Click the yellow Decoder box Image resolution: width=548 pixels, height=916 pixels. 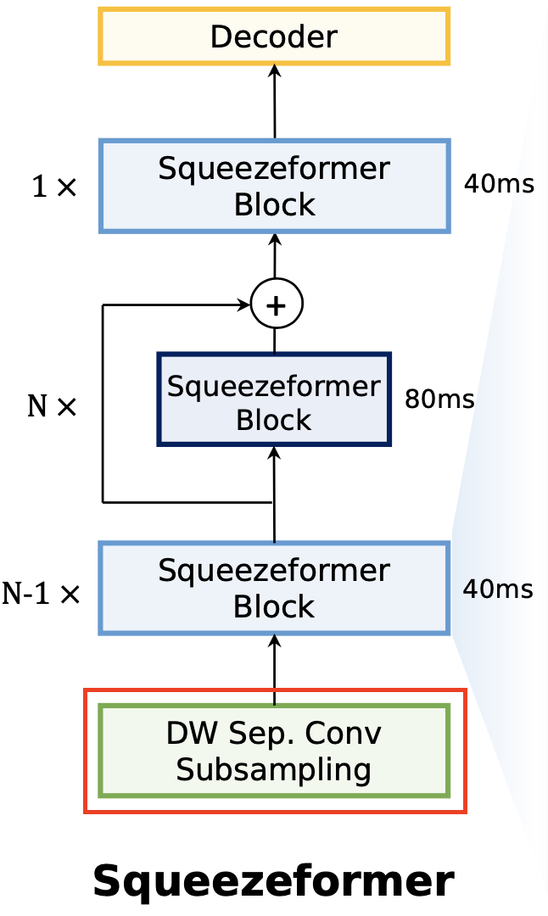(x=274, y=36)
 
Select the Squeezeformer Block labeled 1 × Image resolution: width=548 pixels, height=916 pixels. (x=274, y=186)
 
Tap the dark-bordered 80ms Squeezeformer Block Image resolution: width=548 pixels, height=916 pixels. (x=274, y=399)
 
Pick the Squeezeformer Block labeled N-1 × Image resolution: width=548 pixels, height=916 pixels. (x=274, y=588)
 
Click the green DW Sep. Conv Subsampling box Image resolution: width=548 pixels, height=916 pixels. (x=274, y=751)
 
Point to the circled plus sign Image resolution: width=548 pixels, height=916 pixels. (x=276, y=304)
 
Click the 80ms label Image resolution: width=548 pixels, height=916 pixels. (x=439, y=399)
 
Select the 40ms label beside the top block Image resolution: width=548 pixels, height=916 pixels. (x=499, y=183)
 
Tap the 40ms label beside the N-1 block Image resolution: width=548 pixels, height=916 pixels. (x=498, y=589)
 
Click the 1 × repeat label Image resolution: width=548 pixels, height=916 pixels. (x=54, y=187)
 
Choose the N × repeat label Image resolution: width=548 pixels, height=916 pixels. (x=52, y=407)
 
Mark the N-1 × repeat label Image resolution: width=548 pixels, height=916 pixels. (x=41, y=594)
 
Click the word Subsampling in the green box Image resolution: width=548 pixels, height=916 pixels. (x=274, y=769)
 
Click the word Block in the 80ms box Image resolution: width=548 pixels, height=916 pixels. (x=274, y=420)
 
